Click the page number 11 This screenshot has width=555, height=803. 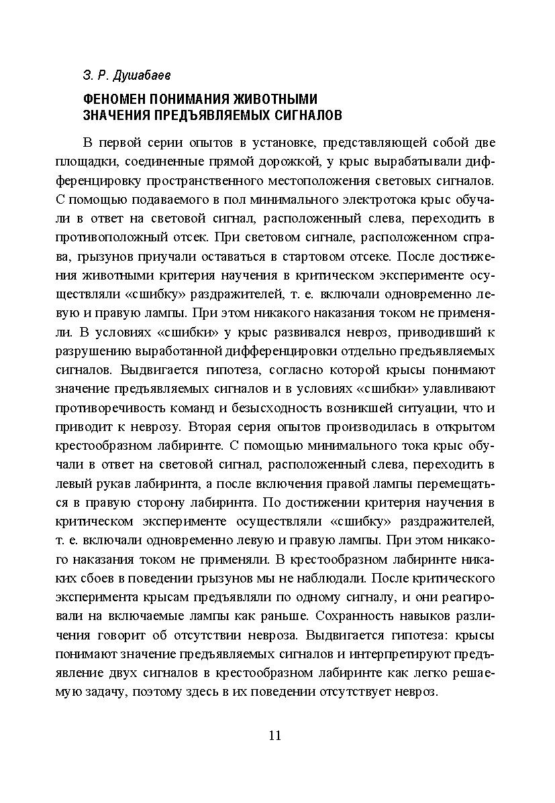pos(274,735)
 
